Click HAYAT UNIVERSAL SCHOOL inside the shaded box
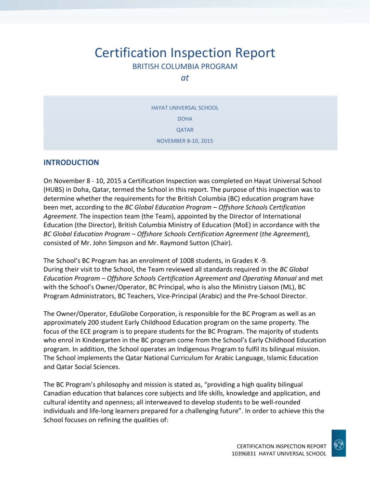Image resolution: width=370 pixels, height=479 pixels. (x=185, y=107)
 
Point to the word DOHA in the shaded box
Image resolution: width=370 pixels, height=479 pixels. (x=185, y=119)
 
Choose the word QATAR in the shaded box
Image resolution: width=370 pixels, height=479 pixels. (x=185, y=130)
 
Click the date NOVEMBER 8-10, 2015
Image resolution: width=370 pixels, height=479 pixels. (x=185, y=141)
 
